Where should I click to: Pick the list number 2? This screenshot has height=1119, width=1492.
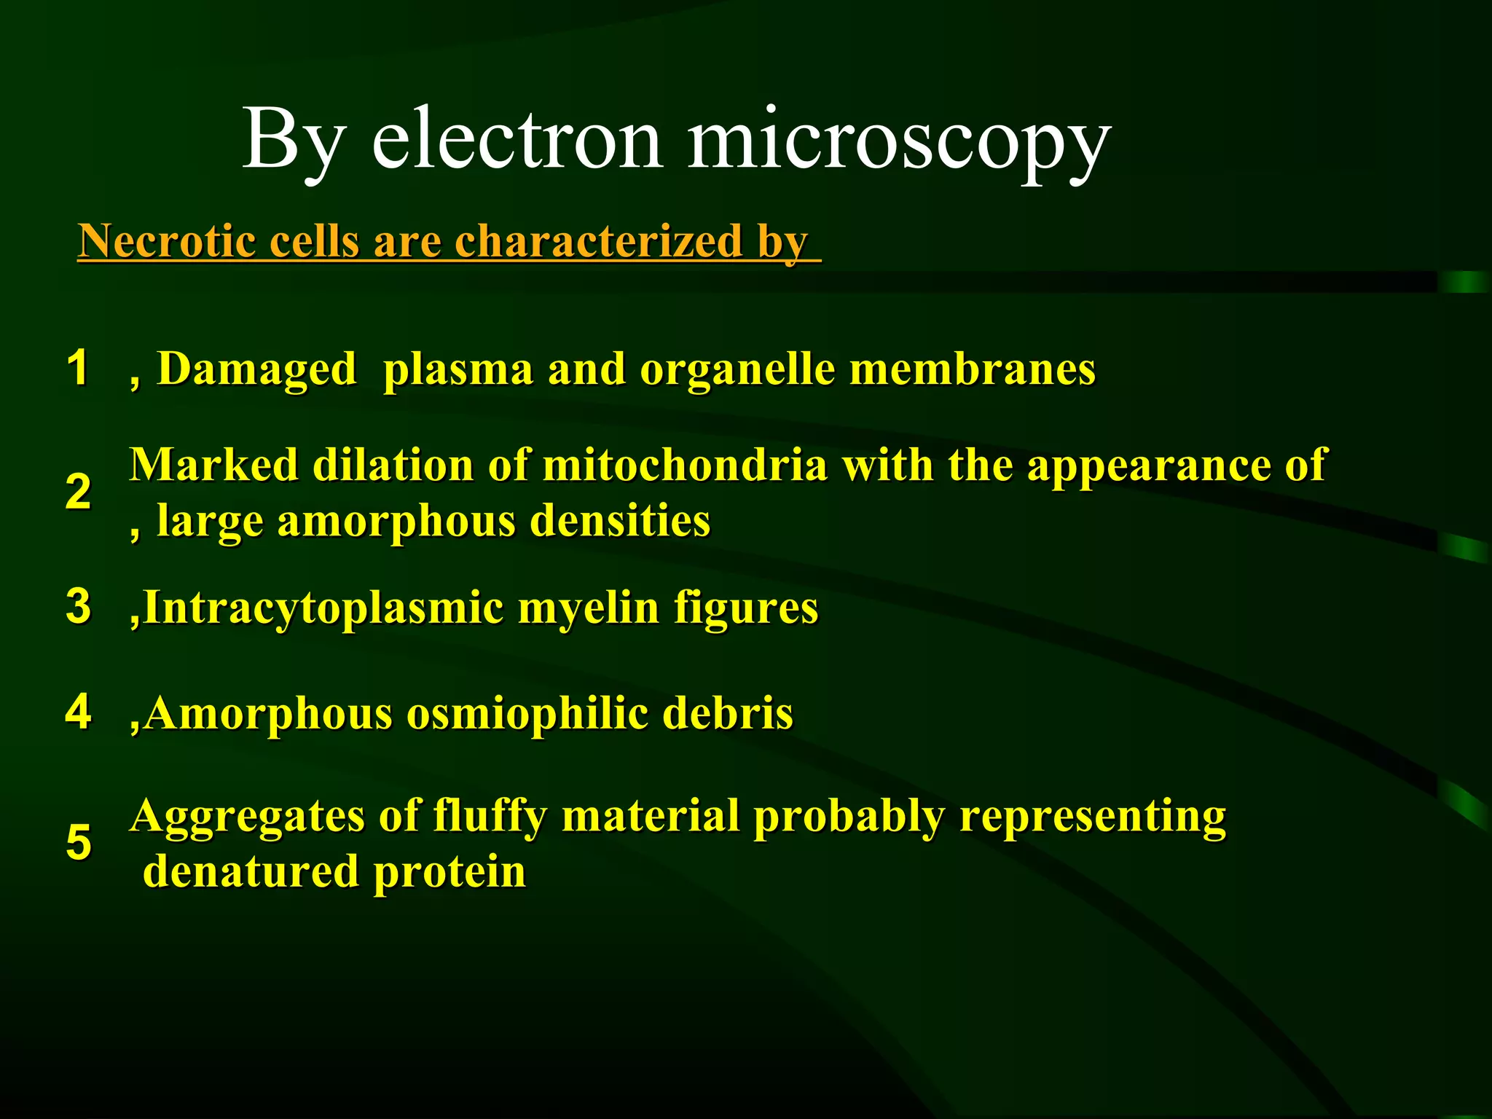(x=78, y=492)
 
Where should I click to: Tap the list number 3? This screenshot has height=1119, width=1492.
(x=78, y=605)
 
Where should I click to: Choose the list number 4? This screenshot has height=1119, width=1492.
(x=78, y=711)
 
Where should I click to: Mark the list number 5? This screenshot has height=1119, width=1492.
(x=78, y=842)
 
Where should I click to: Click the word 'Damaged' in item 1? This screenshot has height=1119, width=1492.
(x=256, y=369)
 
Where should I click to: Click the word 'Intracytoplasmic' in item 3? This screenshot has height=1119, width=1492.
(x=323, y=608)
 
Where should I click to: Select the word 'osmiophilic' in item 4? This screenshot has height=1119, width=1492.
(x=527, y=714)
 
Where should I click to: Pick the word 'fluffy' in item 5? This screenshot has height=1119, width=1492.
(x=490, y=817)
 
